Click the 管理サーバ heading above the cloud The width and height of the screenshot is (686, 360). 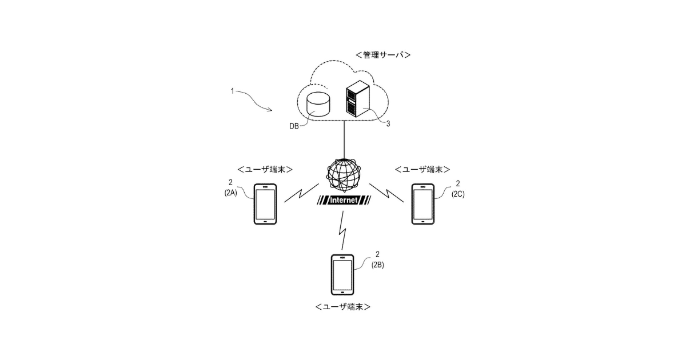(x=383, y=55)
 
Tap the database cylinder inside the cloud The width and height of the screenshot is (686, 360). (x=318, y=103)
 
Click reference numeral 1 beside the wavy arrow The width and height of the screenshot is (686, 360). (x=232, y=91)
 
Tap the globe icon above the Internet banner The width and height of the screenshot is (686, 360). (x=344, y=174)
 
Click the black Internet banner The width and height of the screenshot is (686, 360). (x=344, y=201)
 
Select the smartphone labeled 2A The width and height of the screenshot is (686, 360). (x=265, y=203)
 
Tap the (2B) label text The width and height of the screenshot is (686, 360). (x=378, y=265)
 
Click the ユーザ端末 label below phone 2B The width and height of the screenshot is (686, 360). (x=342, y=307)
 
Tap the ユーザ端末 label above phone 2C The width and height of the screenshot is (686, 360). (x=422, y=169)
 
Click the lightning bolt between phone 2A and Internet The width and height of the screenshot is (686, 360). (x=300, y=195)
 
